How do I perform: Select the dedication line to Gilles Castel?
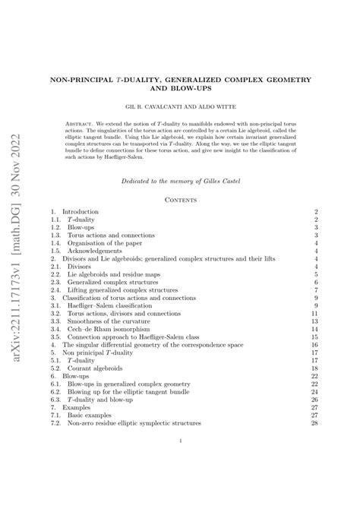(180, 180)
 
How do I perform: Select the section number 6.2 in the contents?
(54, 391)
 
